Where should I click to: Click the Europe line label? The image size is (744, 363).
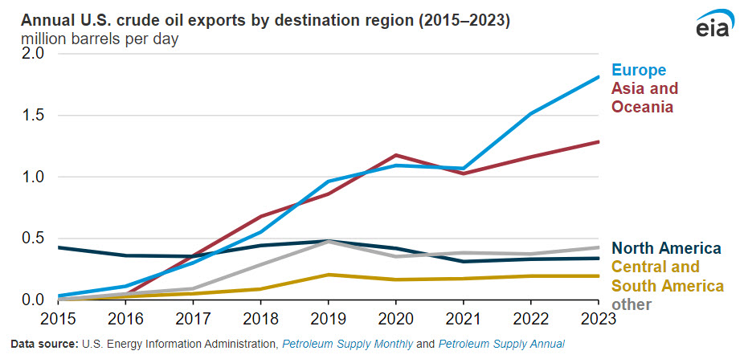coord(639,70)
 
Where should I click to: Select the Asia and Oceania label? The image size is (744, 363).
coord(644,97)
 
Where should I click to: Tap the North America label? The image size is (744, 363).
coord(666,249)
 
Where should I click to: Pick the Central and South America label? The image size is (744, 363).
coord(667,276)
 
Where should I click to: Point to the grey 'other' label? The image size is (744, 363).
coord(632,304)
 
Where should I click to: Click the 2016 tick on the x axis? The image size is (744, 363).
coord(127,319)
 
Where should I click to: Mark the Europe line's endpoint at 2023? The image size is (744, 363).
coord(599,77)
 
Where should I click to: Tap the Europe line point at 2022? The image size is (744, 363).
coord(532,114)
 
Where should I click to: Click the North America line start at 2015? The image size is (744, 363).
coord(60,247)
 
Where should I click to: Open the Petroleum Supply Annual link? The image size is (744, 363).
coord(501,345)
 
